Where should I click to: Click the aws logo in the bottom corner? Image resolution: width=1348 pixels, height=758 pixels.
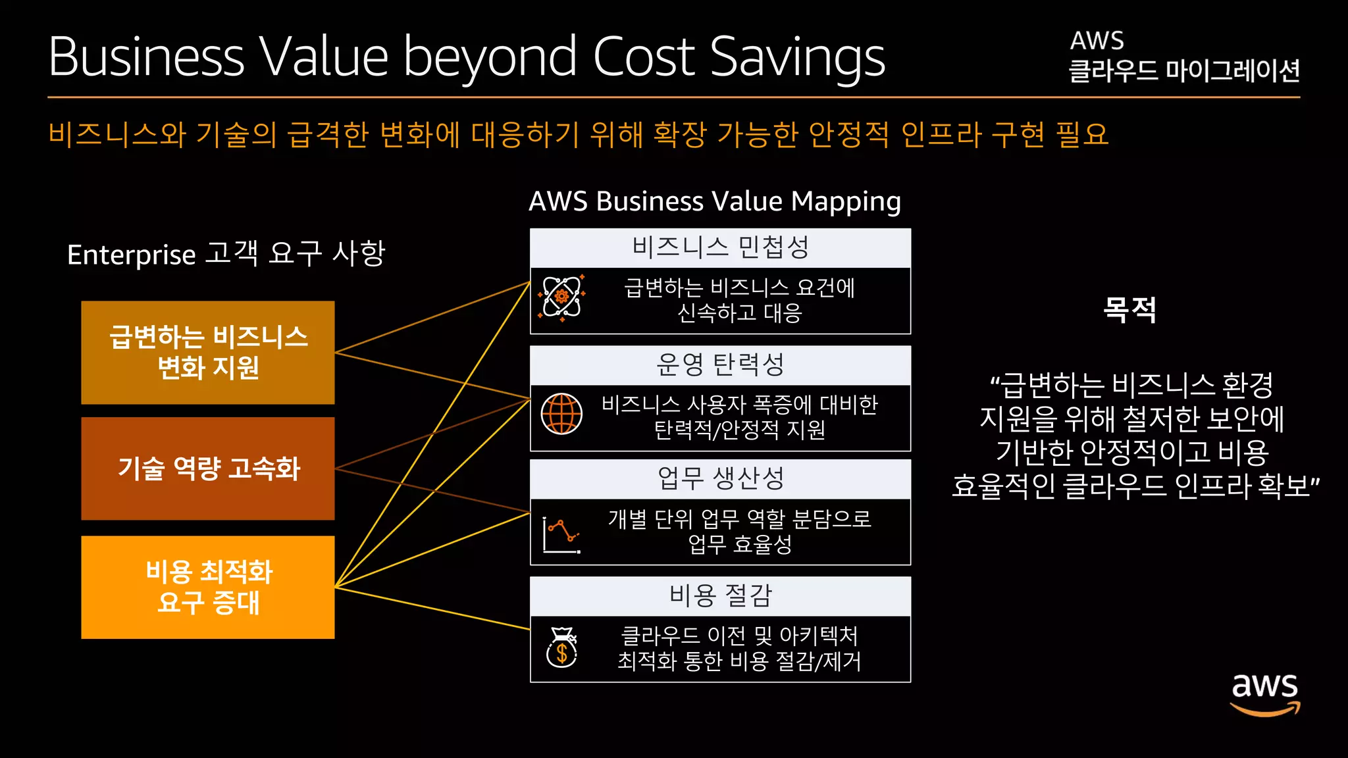point(1264,694)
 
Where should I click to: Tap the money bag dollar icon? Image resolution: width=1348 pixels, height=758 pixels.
point(562,647)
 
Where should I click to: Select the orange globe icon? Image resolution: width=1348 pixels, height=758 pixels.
point(561,414)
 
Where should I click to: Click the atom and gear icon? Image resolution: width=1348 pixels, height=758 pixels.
point(561,297)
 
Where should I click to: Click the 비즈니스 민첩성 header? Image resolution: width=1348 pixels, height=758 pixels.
point(720,248)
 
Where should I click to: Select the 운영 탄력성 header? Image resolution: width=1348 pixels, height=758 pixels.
point(720,365)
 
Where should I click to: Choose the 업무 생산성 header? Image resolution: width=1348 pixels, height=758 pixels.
point(720,479)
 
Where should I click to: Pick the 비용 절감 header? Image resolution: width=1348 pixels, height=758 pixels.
point(720,596)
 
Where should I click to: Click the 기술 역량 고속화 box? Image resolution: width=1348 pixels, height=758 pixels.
point(208,468)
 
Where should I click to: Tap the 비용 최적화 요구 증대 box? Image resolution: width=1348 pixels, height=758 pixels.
point(208,587)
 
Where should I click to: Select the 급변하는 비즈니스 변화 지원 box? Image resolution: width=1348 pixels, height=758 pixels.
point(208,353)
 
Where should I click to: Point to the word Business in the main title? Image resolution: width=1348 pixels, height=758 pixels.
point(146,58)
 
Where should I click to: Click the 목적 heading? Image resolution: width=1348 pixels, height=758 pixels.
point(1129,309)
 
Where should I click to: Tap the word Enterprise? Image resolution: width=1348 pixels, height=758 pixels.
point(132,255)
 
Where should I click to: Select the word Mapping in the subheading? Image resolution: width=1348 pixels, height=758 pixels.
point(846,202)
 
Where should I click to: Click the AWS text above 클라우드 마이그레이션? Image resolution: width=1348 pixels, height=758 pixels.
point(1097,41)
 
